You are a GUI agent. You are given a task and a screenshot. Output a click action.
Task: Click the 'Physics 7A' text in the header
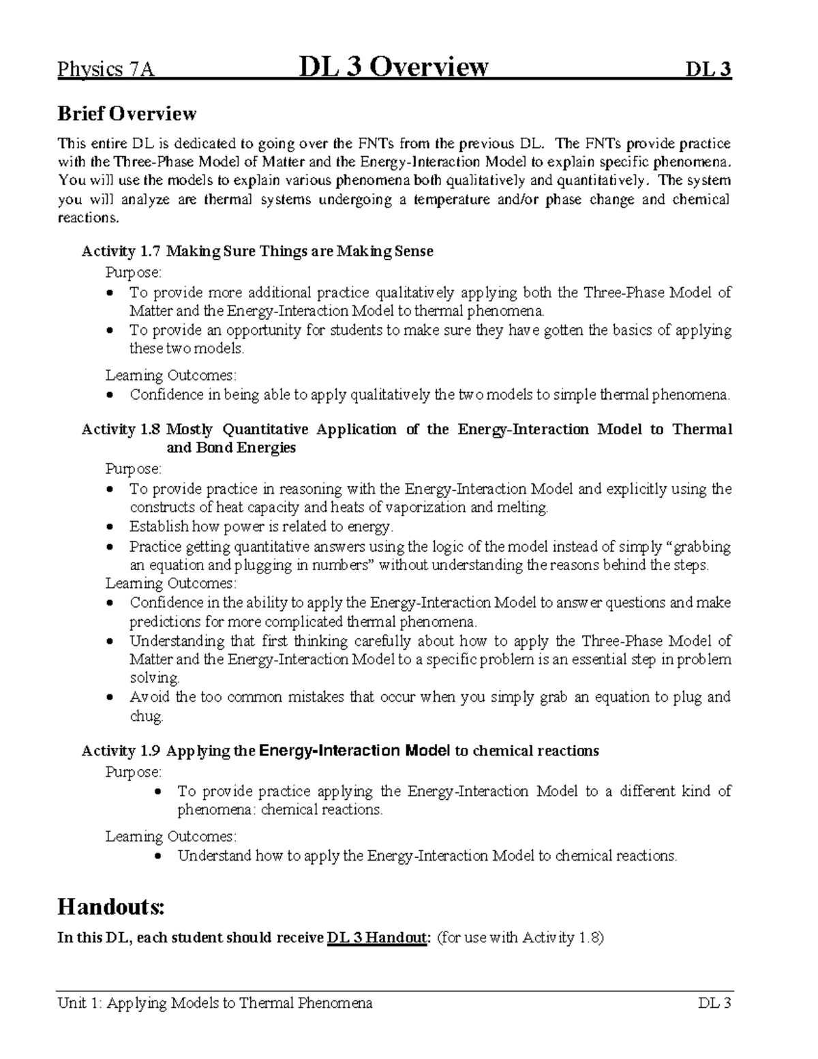click(x=106, y=70)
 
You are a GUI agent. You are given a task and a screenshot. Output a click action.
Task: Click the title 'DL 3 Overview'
click(x=393, y=68)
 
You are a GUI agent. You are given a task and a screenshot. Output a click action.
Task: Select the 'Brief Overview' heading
click(x=127, y=114)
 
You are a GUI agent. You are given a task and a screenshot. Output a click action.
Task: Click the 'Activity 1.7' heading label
click(x=121, y=252)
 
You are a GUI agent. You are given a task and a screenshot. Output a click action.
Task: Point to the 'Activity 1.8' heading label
click(x=121, y=430)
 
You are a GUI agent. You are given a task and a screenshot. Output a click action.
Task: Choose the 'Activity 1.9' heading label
click(x=121, y=751)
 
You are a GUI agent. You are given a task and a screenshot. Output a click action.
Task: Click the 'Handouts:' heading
click(x=111, y=907)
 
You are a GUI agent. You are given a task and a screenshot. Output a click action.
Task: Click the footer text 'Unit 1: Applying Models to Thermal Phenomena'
click(x=215, y=1003)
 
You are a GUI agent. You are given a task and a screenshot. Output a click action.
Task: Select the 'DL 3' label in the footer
click(x=714, y=1003)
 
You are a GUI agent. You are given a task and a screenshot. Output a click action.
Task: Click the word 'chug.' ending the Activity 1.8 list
click(x=147, y=717)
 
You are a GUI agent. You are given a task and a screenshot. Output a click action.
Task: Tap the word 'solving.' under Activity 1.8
click(x=155, y=678)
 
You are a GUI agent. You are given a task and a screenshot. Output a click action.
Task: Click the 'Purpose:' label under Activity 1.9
click(x=134, y=772)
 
